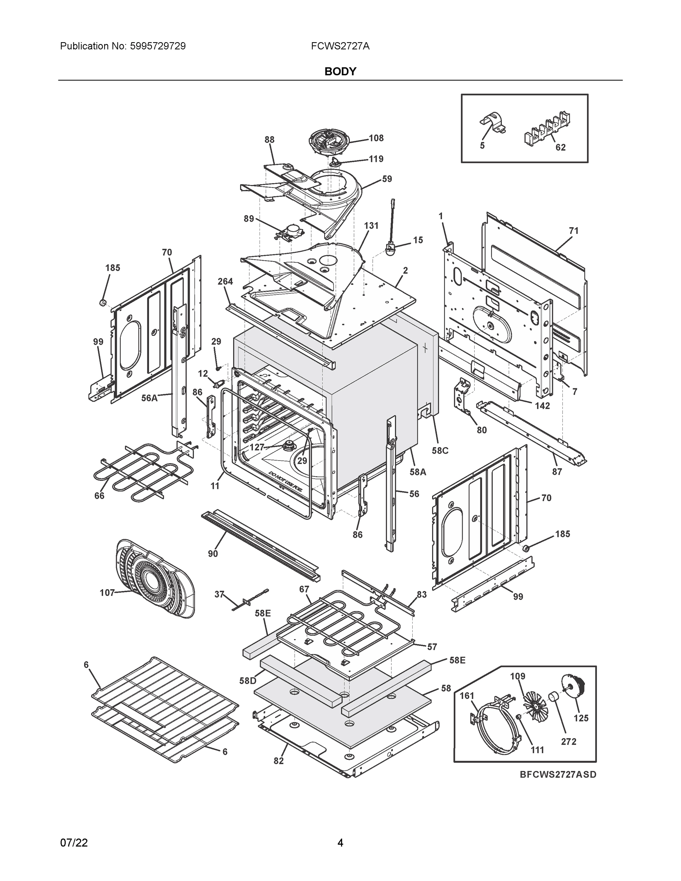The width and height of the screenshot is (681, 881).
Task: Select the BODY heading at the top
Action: click(340, 72)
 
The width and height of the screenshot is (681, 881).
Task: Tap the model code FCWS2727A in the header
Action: click(340, 46)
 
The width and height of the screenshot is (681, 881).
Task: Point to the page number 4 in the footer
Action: click(340, 843)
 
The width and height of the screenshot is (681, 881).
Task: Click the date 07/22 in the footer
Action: click(74, 843)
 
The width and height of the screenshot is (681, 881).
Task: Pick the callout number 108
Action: click(376, 138)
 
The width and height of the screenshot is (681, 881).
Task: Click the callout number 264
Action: click(225, 281)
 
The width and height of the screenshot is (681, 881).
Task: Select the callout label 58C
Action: click(440, 450)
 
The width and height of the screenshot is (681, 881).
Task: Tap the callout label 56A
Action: click(149, 398)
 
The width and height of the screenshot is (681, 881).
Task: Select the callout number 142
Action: click(542, 405)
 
